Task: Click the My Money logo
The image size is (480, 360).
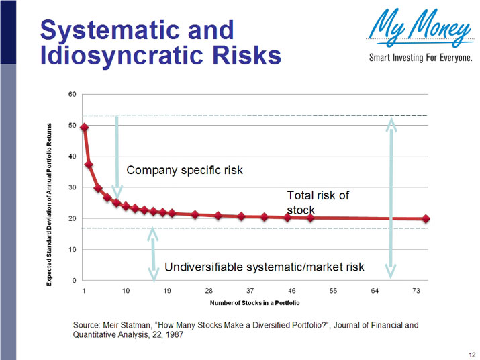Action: [x=420, y=29]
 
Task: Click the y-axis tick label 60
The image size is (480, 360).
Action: [x=71, y=94]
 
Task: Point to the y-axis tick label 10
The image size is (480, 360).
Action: [x=71, y=249]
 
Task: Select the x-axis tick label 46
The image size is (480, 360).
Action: [x=291, y=291]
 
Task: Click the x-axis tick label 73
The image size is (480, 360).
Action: [x=416, y=291]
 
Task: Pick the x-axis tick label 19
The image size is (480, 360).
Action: [x=167, y=291]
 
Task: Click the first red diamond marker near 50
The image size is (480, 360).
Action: [x=85, y=127]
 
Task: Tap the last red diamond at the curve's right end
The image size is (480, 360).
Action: [x=426, y=219]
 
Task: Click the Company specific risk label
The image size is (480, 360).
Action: [x=184, y=170]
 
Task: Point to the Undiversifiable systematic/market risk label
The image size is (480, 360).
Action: [x=264, y=267]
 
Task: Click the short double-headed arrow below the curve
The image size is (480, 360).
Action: [x=154, y=254]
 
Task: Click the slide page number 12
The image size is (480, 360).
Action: [x=471, y=353]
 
